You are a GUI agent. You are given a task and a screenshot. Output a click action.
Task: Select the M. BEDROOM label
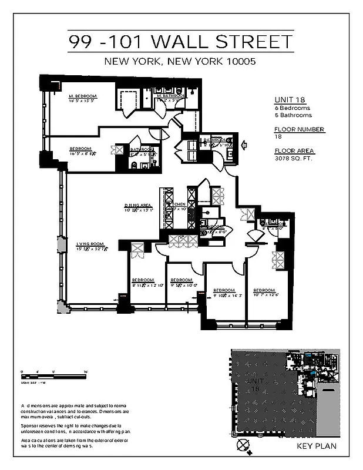82,96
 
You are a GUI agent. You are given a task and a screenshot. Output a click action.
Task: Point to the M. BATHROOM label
170,96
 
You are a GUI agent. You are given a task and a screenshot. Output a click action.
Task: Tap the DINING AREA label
138,206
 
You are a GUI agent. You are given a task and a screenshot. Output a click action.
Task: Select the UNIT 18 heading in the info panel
288,100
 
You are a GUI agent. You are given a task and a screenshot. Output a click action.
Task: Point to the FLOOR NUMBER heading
299,129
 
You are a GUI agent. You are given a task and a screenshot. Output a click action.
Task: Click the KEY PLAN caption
317,447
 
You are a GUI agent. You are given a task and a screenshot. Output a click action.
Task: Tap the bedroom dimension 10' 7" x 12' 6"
266,296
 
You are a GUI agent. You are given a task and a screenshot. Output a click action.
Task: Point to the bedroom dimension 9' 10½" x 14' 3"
224,296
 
